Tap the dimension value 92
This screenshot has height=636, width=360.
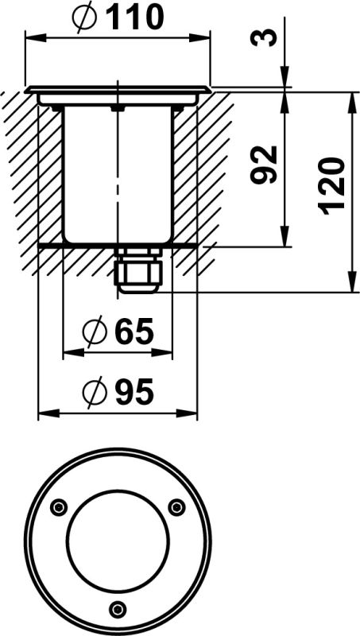point(265,165)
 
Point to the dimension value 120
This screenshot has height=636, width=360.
point(334,185)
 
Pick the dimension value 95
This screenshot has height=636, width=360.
point(133,391)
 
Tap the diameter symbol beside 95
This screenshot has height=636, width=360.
point(94,391)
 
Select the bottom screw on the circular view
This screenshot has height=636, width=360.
point(118,610)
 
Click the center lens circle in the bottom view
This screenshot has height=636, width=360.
point(118,541)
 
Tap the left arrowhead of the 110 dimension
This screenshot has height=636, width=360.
point(32,36)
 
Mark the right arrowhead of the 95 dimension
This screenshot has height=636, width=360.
point(192,413)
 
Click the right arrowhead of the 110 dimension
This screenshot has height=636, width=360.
point(205,36)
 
